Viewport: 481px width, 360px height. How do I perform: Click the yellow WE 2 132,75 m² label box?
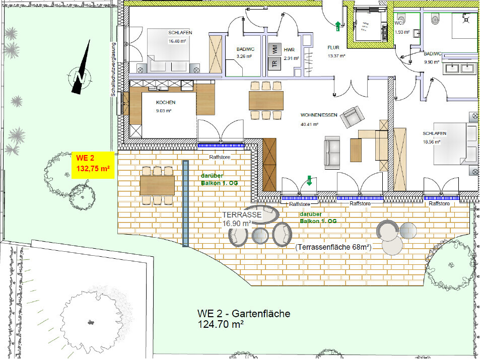coord(93,165)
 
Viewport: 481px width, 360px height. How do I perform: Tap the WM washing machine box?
coord(275,49)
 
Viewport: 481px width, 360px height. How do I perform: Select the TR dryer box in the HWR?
coord(275,63)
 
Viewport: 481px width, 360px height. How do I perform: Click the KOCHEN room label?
coord(166,102)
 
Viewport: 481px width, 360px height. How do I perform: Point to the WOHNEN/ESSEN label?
coord(319,115)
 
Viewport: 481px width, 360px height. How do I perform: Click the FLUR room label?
coord(333,47)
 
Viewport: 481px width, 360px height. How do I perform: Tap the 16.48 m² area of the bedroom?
coord(177,41)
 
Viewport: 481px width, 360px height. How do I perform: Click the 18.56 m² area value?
coord(432,142)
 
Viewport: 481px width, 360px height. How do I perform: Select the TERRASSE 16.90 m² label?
coord(242,219)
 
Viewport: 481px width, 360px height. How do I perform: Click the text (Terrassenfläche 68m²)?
coord(333,247)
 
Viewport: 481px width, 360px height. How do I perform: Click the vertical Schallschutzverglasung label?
coord(113,69)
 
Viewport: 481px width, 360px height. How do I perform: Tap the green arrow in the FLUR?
coord(338,26)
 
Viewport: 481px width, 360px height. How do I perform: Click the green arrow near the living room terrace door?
coord(309,180)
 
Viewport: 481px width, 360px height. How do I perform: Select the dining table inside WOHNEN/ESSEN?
coord(266,101)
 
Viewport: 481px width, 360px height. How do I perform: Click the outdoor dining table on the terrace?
coord(157,185)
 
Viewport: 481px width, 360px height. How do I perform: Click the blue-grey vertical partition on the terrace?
coord(185,203)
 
